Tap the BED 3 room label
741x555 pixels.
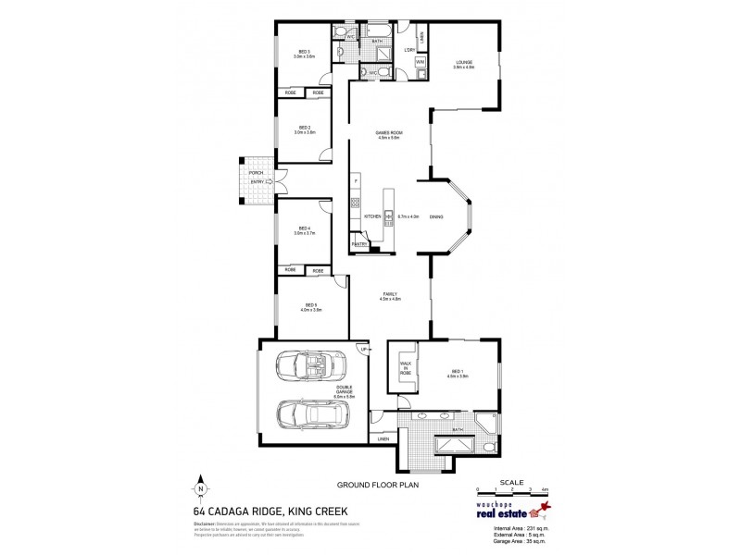[x=304, y=52]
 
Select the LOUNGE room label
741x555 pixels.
[x=464, y=62]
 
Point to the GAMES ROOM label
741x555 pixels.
[x=387, y=133]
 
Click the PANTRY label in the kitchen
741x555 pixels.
[x=359, y=243]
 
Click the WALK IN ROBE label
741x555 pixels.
[x=405, y=369]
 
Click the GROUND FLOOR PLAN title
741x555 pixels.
[x=370, y=484]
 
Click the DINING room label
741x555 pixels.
[x=435, y=216]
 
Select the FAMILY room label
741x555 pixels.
[x=389, y=293]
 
